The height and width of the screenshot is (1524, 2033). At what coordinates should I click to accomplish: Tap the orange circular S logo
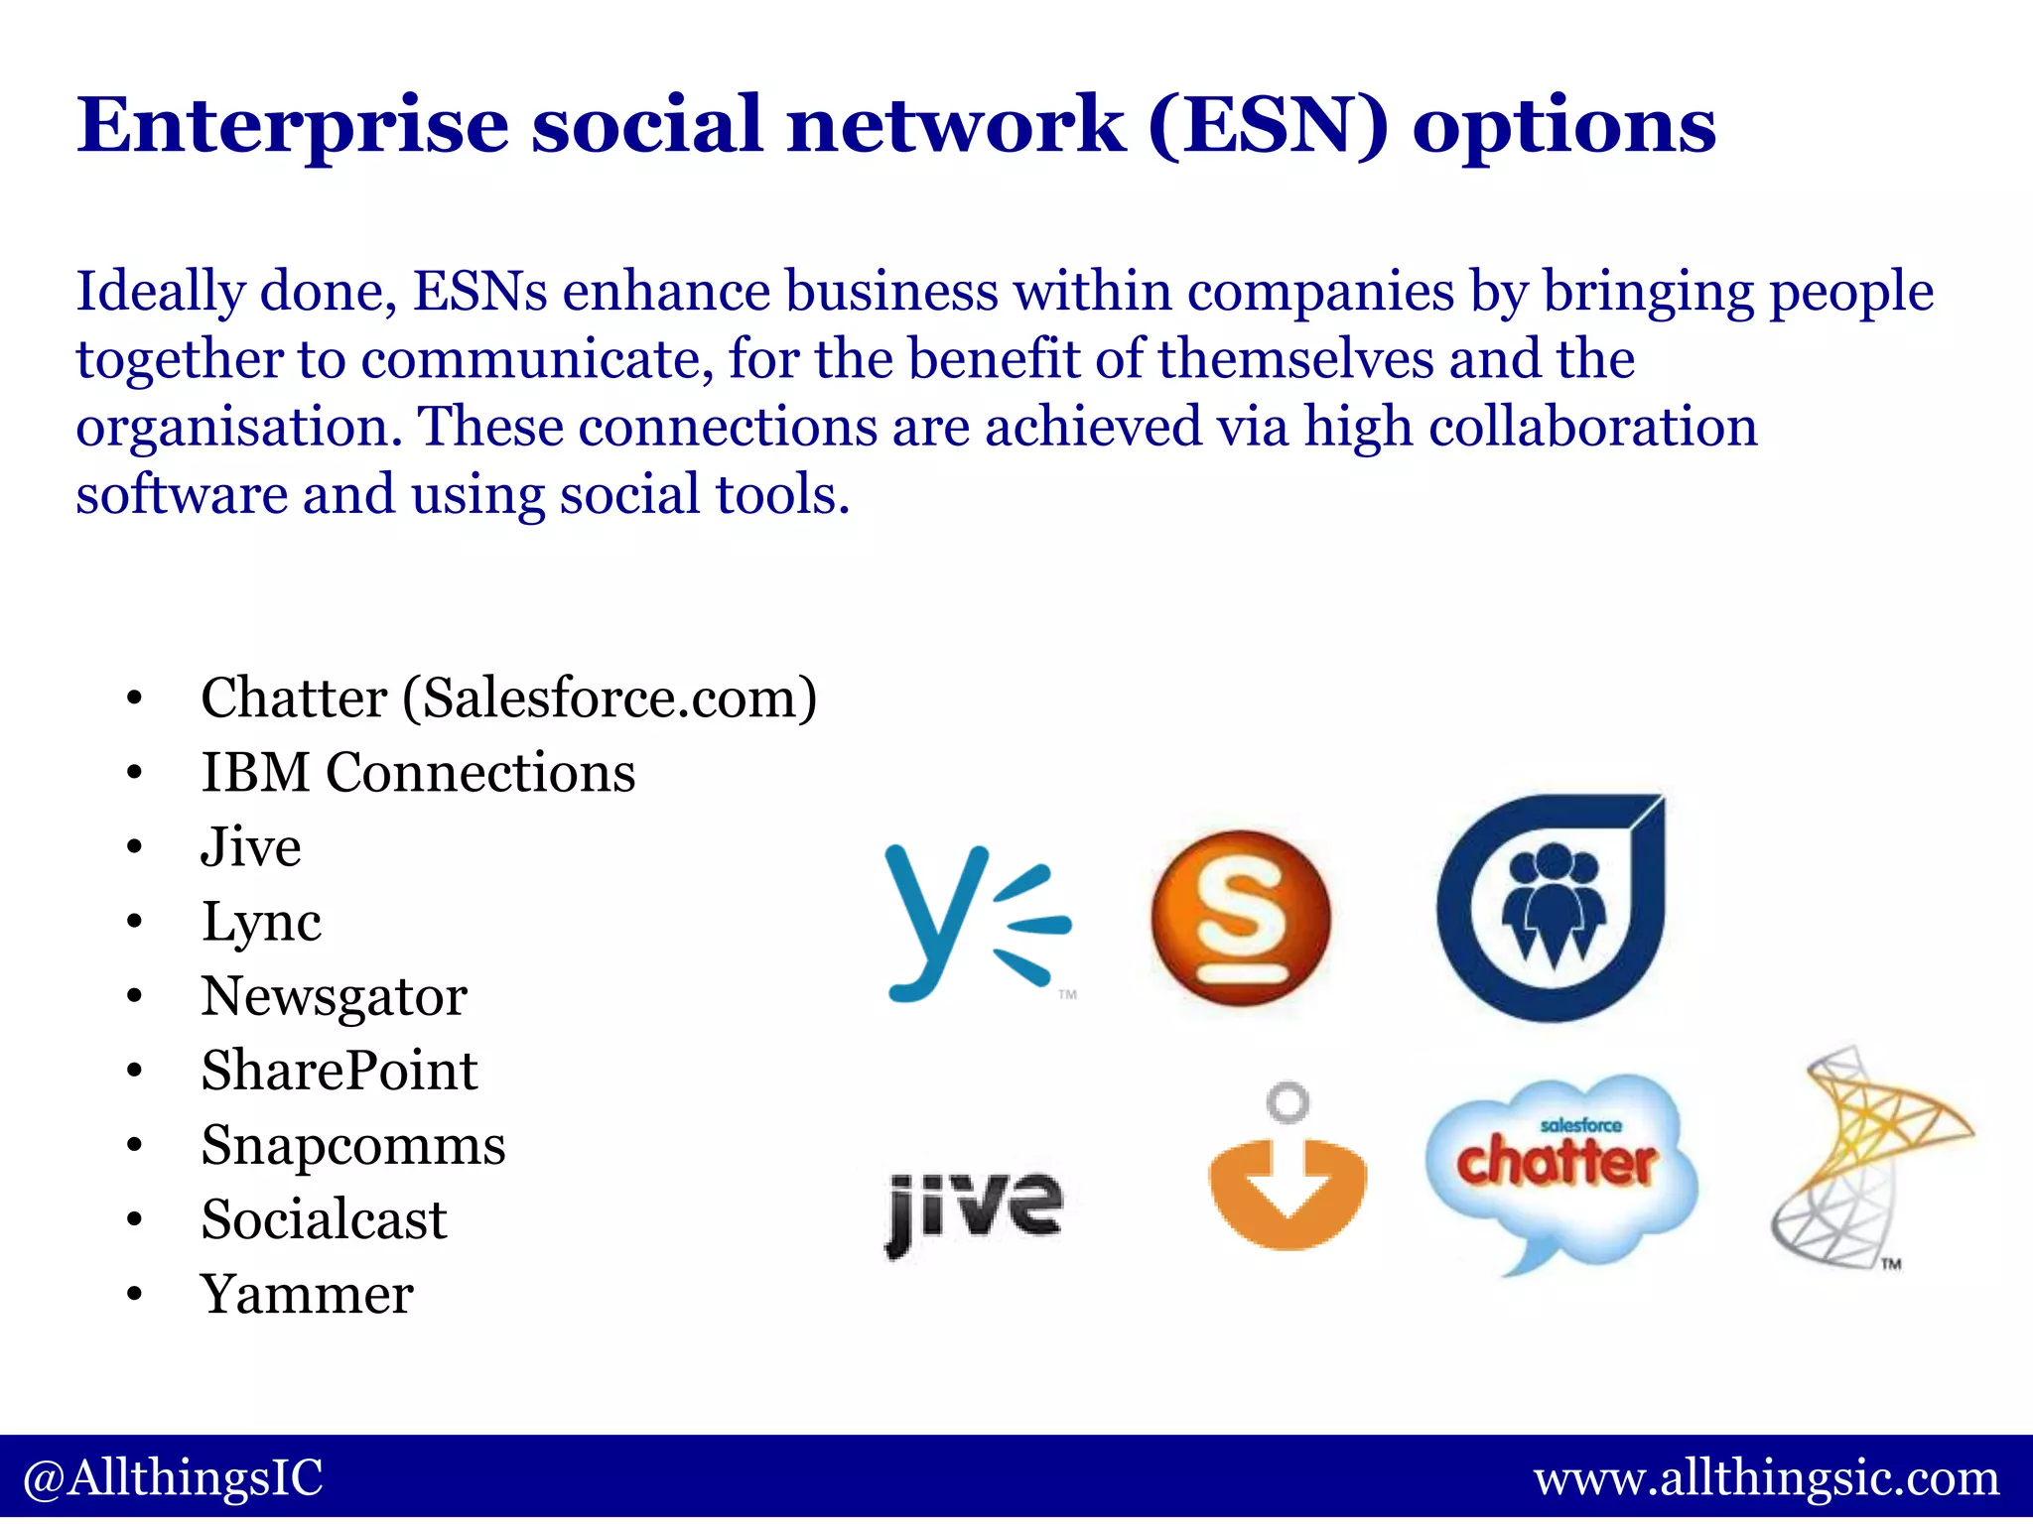point(1241,918)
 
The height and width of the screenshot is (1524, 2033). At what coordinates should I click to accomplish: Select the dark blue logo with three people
point(1552,908)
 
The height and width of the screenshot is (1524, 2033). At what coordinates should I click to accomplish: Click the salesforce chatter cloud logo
point(1560,1166)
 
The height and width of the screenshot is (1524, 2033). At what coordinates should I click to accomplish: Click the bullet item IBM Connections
point(418,772)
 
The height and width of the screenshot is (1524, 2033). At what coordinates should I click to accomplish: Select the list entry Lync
point(261,922)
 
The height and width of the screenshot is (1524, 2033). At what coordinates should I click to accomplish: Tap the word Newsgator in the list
point(334,996)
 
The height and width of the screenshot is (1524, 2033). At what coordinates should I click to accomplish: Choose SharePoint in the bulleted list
point(339,1071)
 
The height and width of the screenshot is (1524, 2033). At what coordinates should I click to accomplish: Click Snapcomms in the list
point(353,1145)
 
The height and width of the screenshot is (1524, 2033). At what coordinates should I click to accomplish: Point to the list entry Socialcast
point(324,1219)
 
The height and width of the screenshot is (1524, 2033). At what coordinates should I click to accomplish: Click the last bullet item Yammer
point(307,1294)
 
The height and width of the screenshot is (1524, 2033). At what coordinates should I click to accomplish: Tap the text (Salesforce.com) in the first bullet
point(610,698)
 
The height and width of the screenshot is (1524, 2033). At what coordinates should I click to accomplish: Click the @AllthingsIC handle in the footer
point(173,1477)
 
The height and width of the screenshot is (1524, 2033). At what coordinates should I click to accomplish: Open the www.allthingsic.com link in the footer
point(1766,1478)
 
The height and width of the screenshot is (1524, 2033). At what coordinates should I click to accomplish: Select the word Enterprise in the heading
point(293,125)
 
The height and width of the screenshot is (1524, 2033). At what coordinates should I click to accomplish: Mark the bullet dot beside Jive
point(135,848)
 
